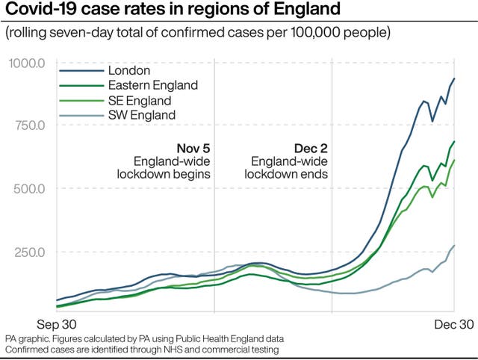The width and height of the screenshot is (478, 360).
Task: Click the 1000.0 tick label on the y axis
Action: click(28, 63)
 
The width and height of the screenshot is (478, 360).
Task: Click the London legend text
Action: click(129, 71)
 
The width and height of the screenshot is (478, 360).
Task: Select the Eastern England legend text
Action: click(153, 86)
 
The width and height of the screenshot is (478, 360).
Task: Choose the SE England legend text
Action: click(140, 101)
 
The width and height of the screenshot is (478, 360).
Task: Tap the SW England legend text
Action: click(142, 115)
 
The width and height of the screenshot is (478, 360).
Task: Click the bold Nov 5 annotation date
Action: click(193, 148)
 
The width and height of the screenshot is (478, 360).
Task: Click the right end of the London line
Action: click(454, 78)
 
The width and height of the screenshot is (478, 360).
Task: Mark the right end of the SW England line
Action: click(454, 245)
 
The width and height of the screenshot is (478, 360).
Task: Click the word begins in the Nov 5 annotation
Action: click(192, 175)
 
